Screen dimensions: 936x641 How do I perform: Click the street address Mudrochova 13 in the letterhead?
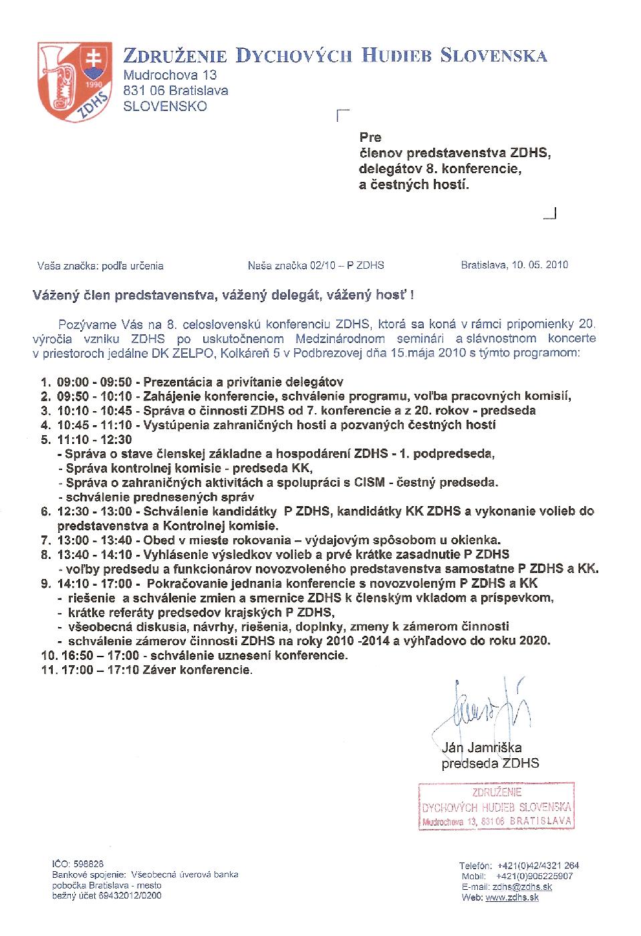pos(170,75)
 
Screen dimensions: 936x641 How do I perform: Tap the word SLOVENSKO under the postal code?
pos(165,106)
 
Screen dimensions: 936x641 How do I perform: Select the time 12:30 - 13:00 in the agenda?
pos(91,511)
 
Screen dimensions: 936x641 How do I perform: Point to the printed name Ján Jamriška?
pos(482,747)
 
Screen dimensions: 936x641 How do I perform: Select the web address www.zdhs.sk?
pos(512,897)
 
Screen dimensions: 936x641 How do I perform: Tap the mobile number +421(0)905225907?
pos(535,876)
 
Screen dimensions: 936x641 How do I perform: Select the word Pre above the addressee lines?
pos(370,137)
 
